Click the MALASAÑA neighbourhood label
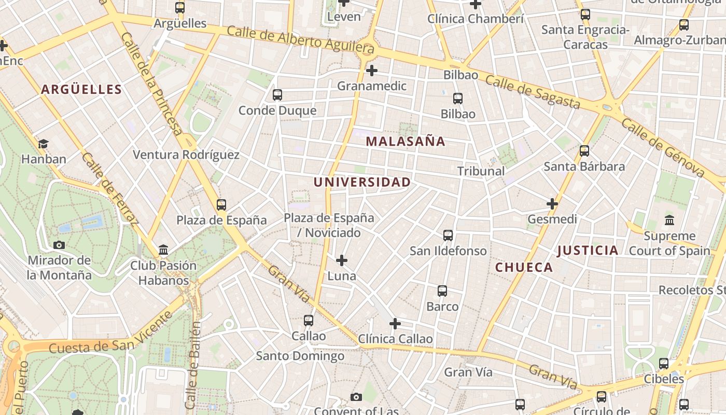coord(406,141)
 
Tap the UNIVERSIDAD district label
coord(362,182)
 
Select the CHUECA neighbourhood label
coord(524,267)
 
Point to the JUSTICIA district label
coord(588,251)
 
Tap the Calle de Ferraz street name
coord(110,189)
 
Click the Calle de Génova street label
coord(663,147)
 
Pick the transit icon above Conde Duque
coord(277,95)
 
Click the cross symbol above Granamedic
coord(372,71)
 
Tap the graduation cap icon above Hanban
coord(44,144)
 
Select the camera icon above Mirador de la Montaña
coord(59,245)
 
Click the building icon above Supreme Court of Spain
coord(669,220)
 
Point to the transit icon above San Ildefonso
coord(448,236)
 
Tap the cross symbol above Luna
coord(342,260)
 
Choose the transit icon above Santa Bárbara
coord(584,151)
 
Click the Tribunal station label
coord(481,171)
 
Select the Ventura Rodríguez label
coord(186,155)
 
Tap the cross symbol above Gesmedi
coord(552,204)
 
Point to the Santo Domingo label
coord(300,356)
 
